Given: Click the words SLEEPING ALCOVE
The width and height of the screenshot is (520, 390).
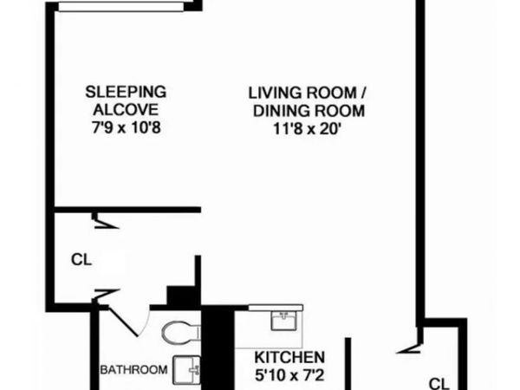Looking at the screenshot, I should click(125, 100).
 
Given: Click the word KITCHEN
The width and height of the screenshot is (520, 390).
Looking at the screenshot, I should click(289, 357).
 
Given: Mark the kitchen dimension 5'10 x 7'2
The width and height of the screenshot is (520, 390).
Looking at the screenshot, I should click(289, 376).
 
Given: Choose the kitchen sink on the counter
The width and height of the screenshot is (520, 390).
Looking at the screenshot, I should click(283, 322).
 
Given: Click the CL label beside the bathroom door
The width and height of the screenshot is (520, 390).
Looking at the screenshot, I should click(81, 258).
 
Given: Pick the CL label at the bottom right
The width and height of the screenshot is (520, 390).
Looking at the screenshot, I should click(440, 382).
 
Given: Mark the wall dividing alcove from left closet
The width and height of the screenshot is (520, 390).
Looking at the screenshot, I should click(130, 210).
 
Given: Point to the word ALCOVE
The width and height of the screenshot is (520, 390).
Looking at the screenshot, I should click(125, 109).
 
